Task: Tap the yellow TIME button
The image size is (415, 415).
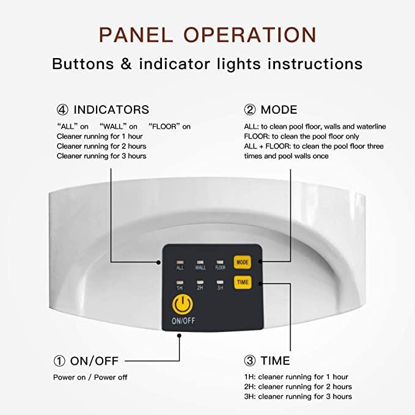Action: [x=243, y=282]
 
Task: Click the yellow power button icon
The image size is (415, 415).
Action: [x=182, y=304]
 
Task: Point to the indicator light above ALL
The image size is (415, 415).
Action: [x=180, y=262]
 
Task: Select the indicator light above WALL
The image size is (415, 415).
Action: [x=200, y=262]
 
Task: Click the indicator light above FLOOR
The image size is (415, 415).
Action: [x=220, y=262]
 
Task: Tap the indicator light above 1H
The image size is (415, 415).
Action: [x=180, y=282]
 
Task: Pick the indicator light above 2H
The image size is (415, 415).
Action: [x=200, y=282]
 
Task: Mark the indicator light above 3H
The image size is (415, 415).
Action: [x=220, y=282]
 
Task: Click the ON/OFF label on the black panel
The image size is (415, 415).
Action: [x=183, y=321]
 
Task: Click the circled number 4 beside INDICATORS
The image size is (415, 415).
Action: [x=62, y=110]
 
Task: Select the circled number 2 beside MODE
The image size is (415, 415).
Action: [x=250, y=110]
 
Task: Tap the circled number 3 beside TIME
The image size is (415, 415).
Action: [x=250, y=361]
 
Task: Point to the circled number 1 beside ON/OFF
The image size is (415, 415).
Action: [x=59, y=361]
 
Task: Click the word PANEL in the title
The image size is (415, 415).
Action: [x=136, y=35]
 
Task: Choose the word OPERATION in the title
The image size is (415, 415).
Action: [x=250, y=35]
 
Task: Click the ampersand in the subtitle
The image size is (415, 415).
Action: [x=126, y=64]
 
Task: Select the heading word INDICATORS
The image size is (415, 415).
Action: [x=111, y=110]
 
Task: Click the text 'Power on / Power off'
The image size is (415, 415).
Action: [x=90, y=377]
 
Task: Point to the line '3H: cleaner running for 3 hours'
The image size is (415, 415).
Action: [x=298, y=397]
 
